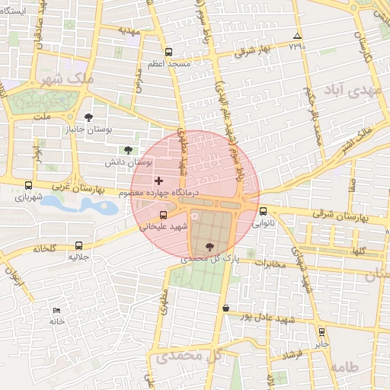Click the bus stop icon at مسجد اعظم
tap(168, 53)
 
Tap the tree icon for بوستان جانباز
tap(90, 117)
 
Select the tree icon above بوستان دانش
tap(127, 149)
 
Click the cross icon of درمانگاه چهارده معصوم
tap(158, 181)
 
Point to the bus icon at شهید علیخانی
tap(163, 215)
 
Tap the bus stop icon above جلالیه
tap(79, 245)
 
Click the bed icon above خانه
tap(56, 310)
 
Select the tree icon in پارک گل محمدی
tap(209, 245)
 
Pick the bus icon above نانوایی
tap(264, 212)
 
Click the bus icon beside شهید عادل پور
tap(225, 308)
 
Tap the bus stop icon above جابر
tap(321, 332)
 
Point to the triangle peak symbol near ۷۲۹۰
tap(297, 36)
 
